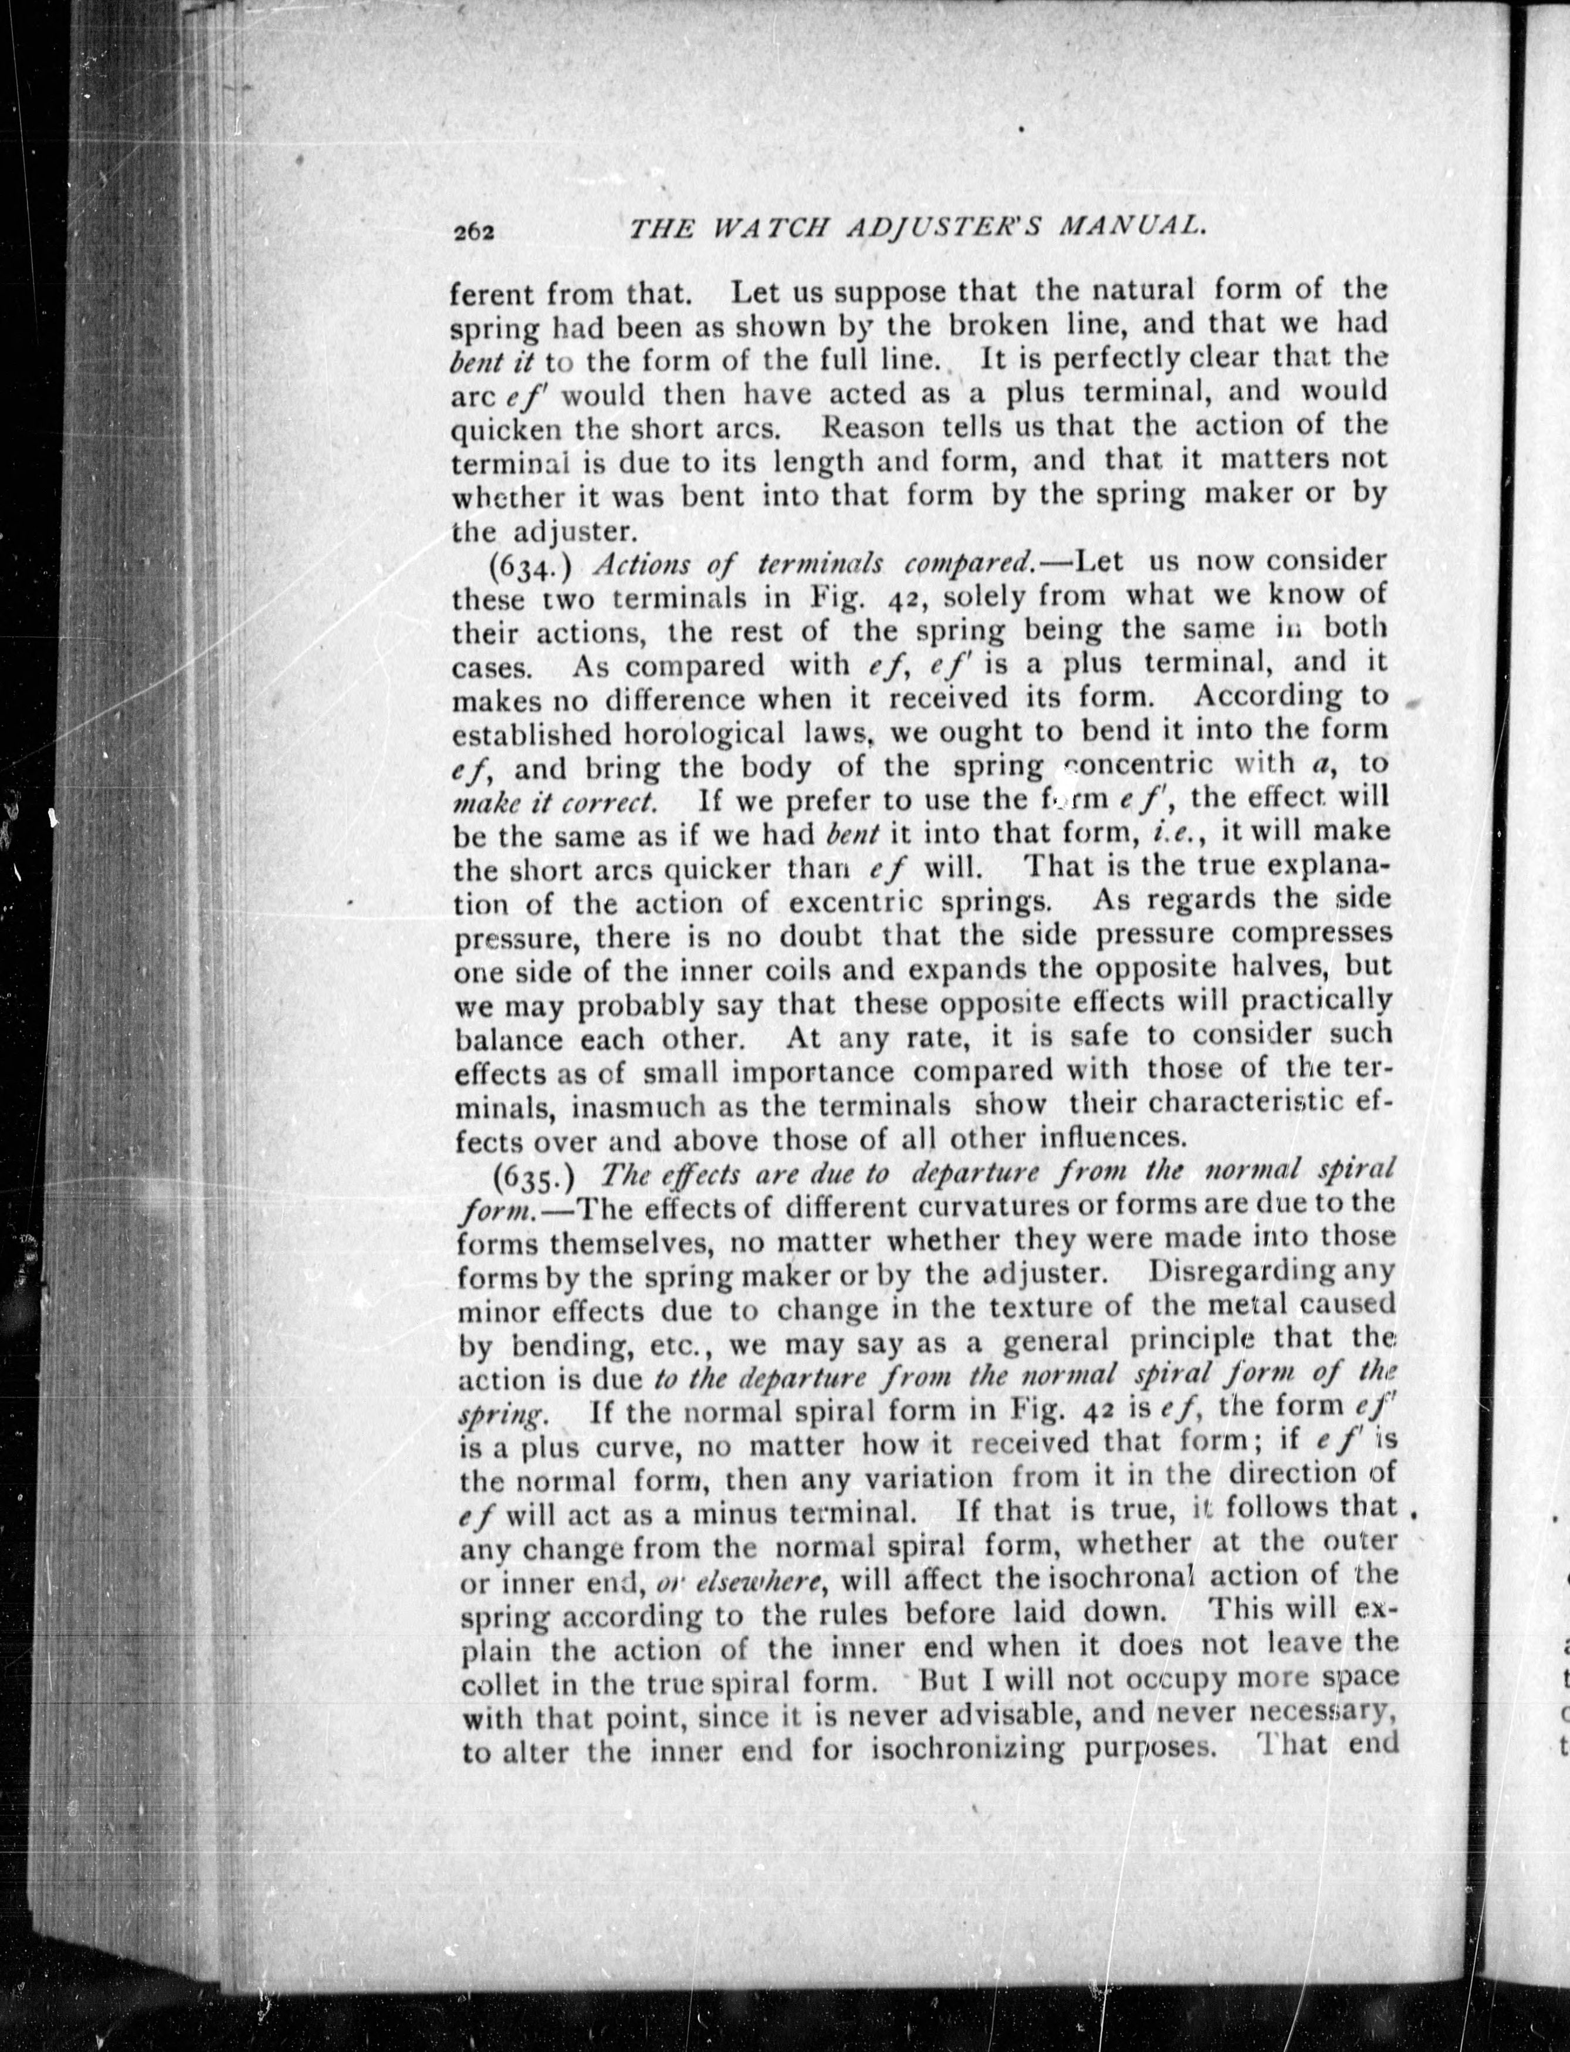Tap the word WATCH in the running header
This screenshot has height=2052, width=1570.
[770, 230]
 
